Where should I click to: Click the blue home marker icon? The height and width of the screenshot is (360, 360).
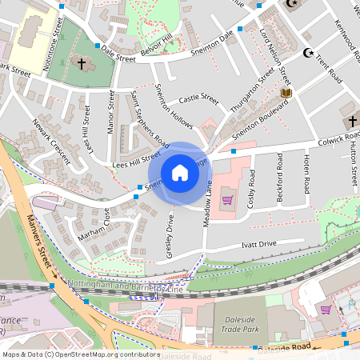180,173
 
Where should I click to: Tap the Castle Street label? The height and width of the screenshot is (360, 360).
198,99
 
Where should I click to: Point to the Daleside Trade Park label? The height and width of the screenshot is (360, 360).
239,326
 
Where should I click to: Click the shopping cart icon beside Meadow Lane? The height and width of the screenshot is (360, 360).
227,199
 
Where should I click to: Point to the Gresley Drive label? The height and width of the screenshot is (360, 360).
170,233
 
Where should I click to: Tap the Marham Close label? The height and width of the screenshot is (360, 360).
94,226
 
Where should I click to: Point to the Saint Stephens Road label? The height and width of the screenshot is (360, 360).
150,122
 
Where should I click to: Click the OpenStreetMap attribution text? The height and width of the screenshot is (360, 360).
80,354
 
